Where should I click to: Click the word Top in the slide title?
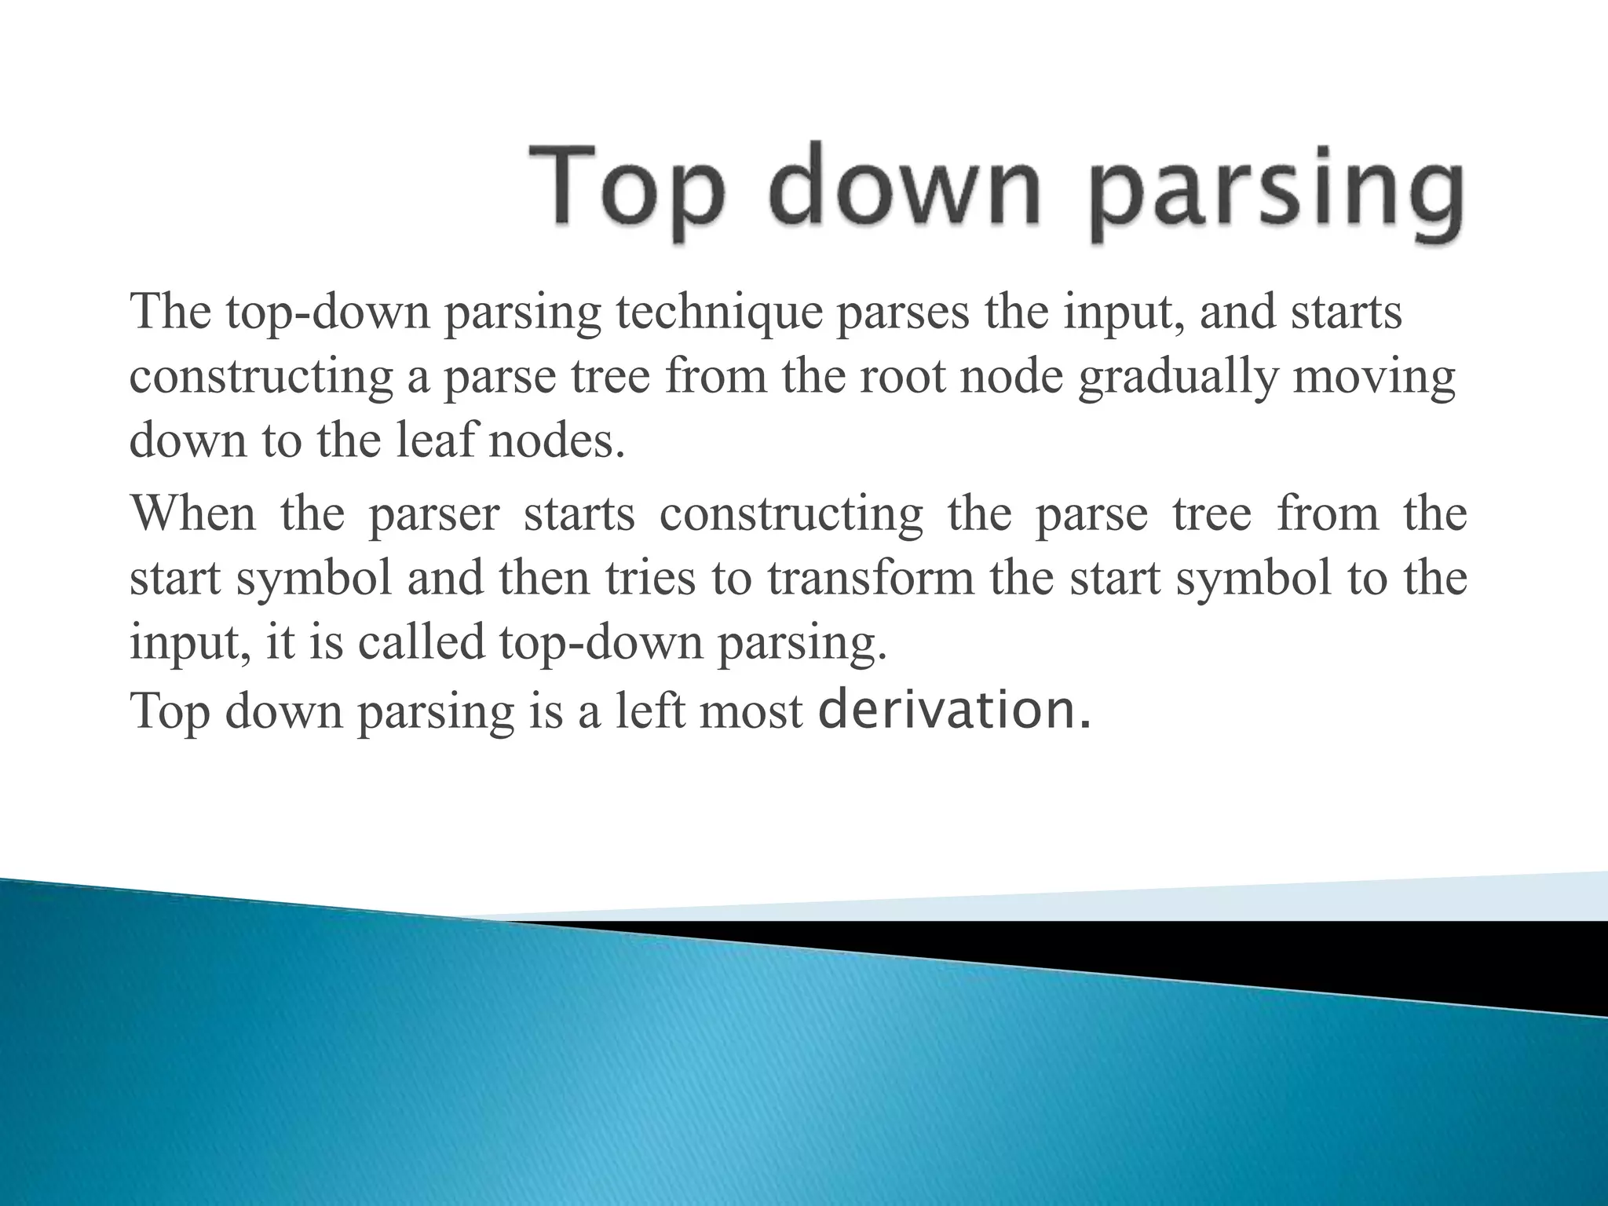click(624, 188)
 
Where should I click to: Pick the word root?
click(906, 377)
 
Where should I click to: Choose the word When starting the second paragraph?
click(193, 514)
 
